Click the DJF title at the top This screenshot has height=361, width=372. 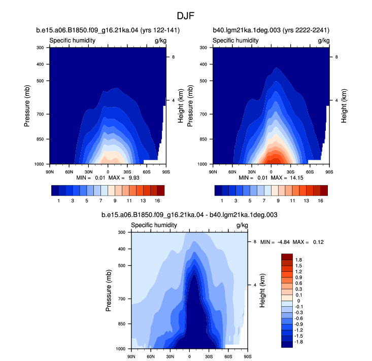pyautogui.click(x=186, y=16)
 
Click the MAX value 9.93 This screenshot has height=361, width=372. pyautogui.click(x=134, y=178)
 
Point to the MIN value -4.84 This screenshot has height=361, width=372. pyautogui.click(x=284, y=242)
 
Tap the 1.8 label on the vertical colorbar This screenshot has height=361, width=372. pyautogui.click(x=298, y=260)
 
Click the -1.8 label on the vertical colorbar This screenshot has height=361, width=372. pyautogui.click(x=298, y=342)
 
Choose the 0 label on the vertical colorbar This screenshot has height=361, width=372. pyautogui.click(x=298, y=301)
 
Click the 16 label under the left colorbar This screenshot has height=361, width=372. pyautogui.click(x=157, y=201)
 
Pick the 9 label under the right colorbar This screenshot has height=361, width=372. pyautogui.click(x=278, y=201)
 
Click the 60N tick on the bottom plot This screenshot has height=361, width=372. pyautogui.click(x=151, y=356)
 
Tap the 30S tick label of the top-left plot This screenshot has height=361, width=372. pyautogui.click(x=127, y=172)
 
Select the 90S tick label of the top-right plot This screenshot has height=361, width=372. pyautogui.click(x=329, y=172)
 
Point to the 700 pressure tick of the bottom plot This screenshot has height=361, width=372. pyautogui.click(x=121, y=299)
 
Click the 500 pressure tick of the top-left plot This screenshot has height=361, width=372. pyautogui.click(x=40, y=81)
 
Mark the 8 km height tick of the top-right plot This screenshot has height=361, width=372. pyautogui.click(x=336, y=57)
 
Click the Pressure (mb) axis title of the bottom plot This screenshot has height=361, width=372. pyautogui.click(x=109, y=291)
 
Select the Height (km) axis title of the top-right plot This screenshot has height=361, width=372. pyautogui.click(x=344, y=106)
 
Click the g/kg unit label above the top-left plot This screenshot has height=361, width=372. pyautogui.click(x=160, y=41)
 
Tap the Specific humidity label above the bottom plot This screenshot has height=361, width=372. pyautogui.click(x=154, y=225)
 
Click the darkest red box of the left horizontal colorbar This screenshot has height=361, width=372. pyautogui.click(x=161, y=191)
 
